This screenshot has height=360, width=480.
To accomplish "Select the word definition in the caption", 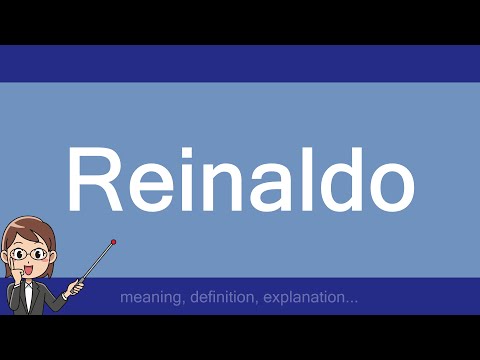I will point(222,297).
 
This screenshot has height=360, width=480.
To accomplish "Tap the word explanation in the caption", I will point(309,297).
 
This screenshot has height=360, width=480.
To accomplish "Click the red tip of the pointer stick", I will point(114,241).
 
